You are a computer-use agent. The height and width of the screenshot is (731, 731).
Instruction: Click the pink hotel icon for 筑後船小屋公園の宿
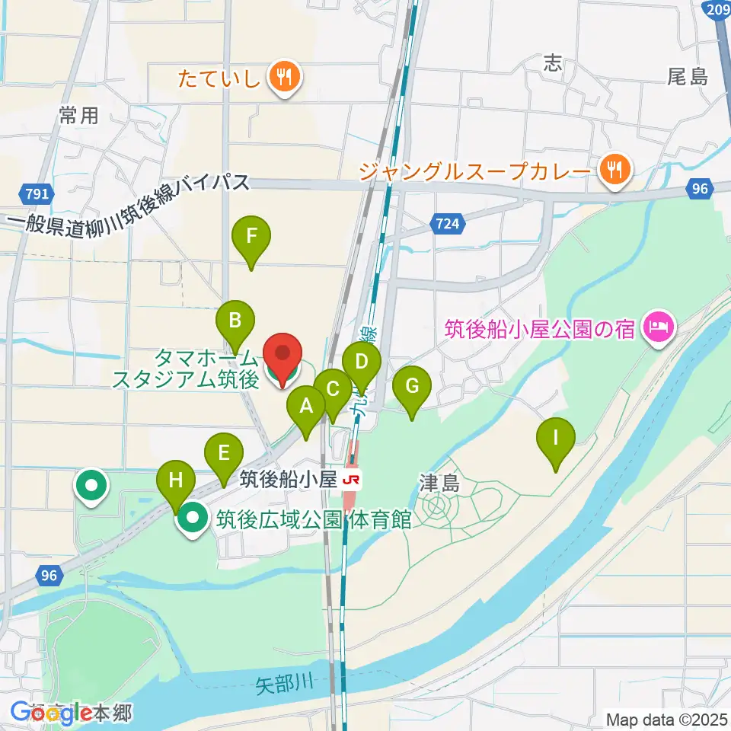[655, 329]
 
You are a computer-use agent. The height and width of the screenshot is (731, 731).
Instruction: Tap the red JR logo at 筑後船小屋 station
[351, 480]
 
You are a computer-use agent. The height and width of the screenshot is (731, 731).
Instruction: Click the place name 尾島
[688, 76]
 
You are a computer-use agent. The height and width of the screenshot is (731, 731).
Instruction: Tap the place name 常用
[79, 116]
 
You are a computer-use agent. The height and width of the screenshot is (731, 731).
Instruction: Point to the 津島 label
[440, 482]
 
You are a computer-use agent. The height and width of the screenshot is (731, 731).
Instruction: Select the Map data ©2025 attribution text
[666, 718]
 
